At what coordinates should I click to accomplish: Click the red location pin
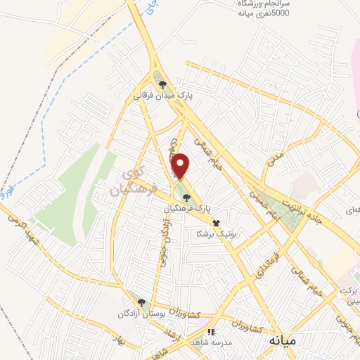[x=181, y=166]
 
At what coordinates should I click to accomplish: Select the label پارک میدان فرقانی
[x=165, y=93]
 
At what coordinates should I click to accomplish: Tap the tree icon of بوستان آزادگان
[x=141, y=302]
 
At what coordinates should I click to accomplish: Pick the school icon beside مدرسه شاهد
[x=210, y=332]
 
